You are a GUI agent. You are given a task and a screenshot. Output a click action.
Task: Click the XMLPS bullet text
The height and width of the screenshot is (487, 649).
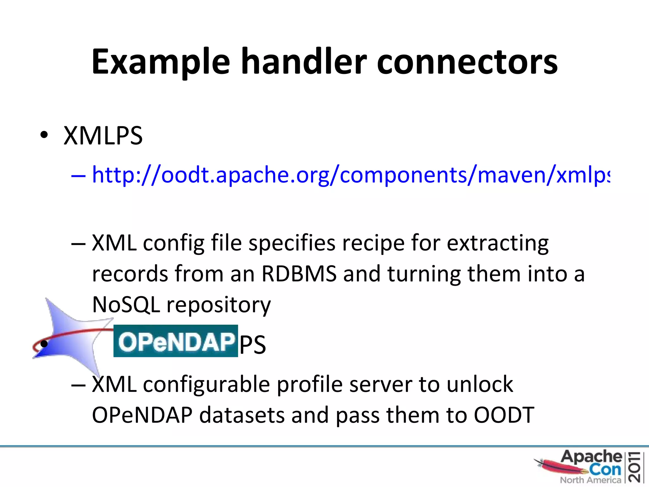pos(103,136)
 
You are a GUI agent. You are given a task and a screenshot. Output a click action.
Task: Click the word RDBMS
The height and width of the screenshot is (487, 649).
pos(299,274)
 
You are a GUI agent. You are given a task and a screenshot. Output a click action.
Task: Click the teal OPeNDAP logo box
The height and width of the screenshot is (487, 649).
pos(176,341)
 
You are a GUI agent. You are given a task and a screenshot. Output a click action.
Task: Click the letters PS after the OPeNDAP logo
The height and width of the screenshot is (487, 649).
pos(253,345)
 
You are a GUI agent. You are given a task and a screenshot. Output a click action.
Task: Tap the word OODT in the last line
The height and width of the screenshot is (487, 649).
pos(504,415)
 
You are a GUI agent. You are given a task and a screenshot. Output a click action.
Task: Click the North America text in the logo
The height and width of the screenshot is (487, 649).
pos(590,480)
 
